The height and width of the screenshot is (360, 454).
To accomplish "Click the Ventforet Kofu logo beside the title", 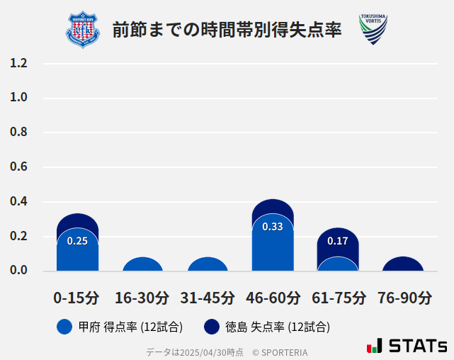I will point(84,30).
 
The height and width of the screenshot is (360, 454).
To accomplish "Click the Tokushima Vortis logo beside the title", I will point(373,30).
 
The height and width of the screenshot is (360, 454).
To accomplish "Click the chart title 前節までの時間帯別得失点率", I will point(227,30).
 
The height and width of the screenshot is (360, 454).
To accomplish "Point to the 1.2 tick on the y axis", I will point(18,63).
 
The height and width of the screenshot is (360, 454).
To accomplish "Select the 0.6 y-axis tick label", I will point(18,167).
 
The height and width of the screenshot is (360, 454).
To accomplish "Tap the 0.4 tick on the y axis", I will point(18,202).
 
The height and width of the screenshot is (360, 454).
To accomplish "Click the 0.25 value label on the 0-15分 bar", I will point(77,241).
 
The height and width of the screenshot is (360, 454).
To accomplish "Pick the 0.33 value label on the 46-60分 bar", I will point(273,227).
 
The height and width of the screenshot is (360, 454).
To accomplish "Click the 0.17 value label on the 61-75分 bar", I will point(338,241).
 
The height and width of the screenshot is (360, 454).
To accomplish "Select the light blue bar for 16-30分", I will point(142,264).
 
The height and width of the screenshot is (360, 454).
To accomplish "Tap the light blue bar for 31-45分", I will point(208,264).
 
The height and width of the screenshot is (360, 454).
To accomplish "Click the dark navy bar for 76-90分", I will point(403,264).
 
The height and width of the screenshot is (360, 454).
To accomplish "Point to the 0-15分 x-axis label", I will point(77,298).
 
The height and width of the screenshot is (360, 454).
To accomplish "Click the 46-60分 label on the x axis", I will point(273,298).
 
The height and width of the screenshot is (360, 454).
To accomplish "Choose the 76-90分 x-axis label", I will point(404,298).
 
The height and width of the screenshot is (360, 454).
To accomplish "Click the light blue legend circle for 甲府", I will point(64,327).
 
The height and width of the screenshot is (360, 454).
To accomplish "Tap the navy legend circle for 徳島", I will point(211,327).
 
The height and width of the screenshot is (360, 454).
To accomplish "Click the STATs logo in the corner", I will point(407,346).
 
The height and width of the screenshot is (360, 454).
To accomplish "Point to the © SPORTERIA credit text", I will point(280,352).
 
